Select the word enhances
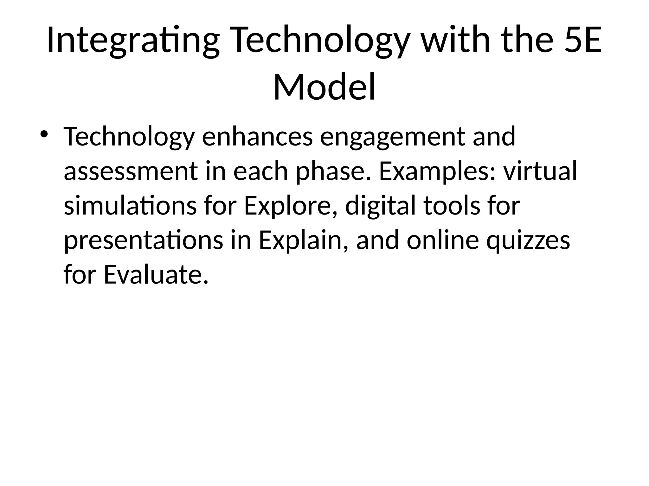click(x=257, y=137)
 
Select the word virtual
click(x=540, y=171)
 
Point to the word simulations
click(x=130, y=205)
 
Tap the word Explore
click(x=290, y=206)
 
